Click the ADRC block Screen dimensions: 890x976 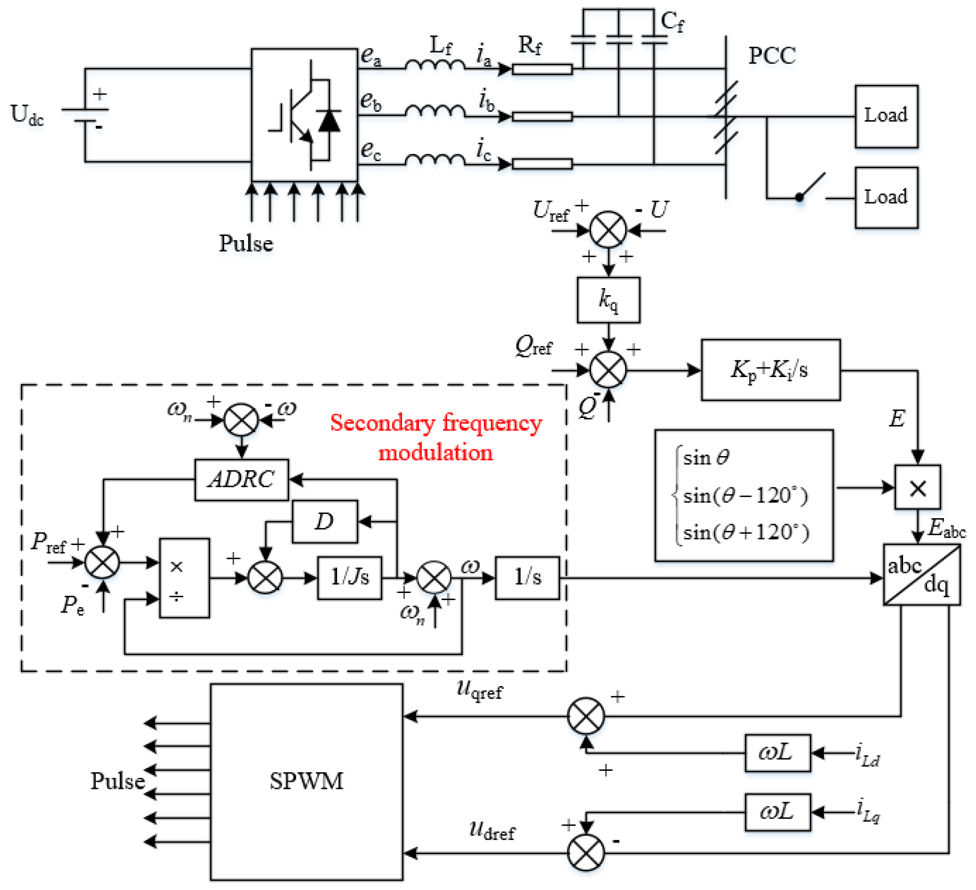pyautogui.click(x=242, y=480)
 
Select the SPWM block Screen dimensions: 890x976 pyautogui.click(x=307, y=782)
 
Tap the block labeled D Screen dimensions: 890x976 pyautogui.click(x=325, y=521)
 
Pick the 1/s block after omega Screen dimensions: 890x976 pyautogui.click(x=527, y=578)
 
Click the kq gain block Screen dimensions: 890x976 pyautogui.click(x=608, y=300)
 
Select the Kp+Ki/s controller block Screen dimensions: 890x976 pyautogui.click(x=771, y=370)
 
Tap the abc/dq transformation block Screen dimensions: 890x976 pyautogui.click(x=921, y=575)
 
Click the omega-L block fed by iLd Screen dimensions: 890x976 pyautogui.click(x=778, y=753)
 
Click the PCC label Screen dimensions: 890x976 pyautogui.click(x=772, y=56)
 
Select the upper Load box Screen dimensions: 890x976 pyautogui.click(x=886, y=116)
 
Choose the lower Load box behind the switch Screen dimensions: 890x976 pyautogui.click(x=886, y=197)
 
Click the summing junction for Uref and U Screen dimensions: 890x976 pyautogui.click(x=608, y=229)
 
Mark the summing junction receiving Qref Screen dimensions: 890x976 pyautogui.click(x=608, y=370)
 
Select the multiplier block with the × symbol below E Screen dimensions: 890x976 pyautogui.click(x=917, y=487)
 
